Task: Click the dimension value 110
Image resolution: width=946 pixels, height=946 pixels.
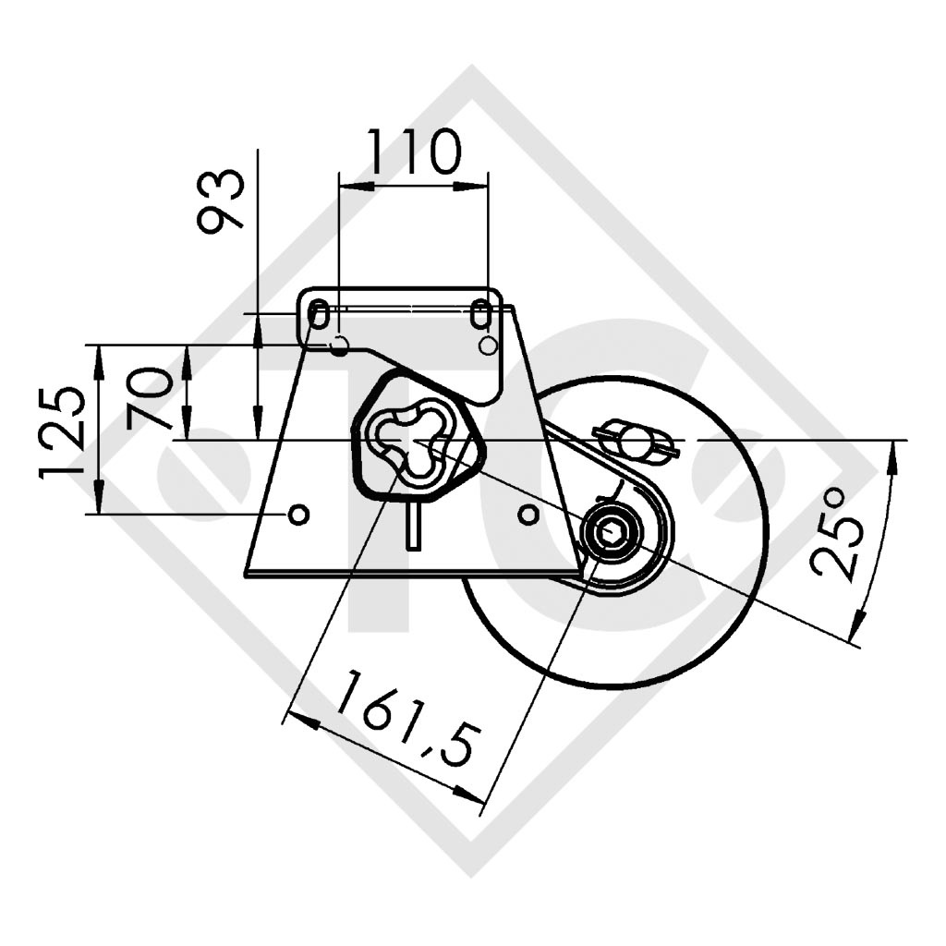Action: [413, 153]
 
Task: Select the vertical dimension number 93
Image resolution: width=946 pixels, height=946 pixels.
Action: [222, 199]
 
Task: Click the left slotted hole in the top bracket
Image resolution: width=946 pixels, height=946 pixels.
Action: [318, 315]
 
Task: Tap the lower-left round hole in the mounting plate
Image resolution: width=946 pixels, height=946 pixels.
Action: [298, 514]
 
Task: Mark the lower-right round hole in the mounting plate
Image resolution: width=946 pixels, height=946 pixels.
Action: [528, 514]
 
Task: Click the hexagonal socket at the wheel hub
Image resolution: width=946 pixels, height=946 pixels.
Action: [611, 532]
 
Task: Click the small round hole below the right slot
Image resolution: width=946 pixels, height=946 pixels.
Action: [489, 346]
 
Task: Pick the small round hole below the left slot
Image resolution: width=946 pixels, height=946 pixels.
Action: [339, 346]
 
